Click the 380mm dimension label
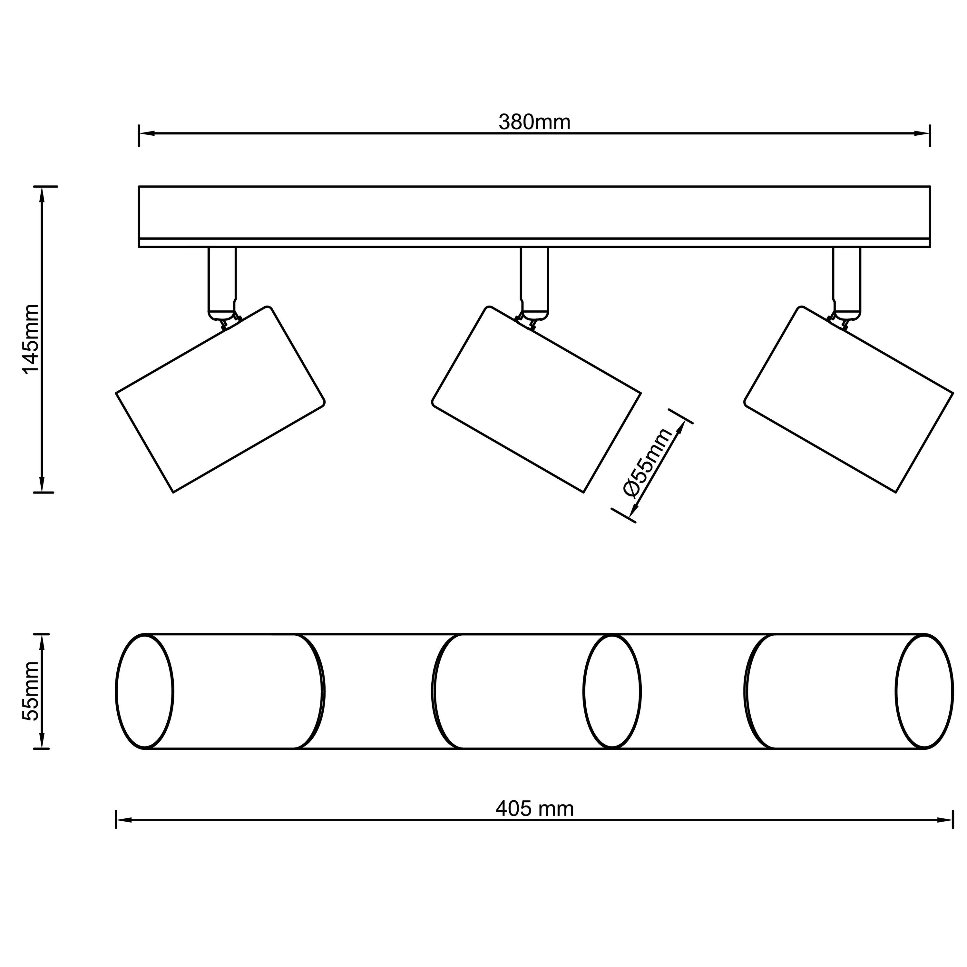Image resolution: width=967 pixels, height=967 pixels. pyautogui.click(x=534, y=122)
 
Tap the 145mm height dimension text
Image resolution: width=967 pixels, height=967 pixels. pyautogui.click(x=31, y=339)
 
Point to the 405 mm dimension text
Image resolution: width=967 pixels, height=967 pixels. pyautogui.click(x=534, y=823)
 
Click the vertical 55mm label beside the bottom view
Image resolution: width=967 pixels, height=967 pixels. pyautogui.click(x=31, y=691)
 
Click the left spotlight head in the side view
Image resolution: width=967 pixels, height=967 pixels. pyautogui.click(x=220, y=399)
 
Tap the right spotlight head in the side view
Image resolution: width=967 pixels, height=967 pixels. pyautogui.click(x=848, y=399)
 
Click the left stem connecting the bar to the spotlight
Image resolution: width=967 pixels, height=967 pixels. pyautogui.click(x=222, y=283)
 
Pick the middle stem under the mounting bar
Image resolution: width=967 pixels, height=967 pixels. pyautogui.click(x=534, y=283)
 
